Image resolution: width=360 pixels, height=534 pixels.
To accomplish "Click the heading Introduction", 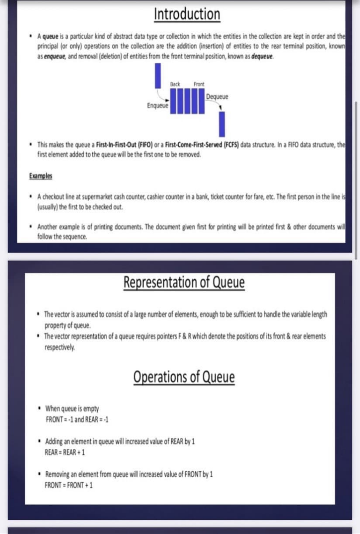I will [187, 14].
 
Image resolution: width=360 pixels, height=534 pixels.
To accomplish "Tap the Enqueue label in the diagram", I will [158, 105].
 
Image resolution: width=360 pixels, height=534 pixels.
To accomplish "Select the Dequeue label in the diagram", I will [217, 96].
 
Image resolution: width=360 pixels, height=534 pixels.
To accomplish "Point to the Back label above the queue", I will [175, 84].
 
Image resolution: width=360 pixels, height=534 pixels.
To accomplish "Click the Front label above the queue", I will [199, 84].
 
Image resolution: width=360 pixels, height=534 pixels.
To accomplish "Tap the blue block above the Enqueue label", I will [158, 76].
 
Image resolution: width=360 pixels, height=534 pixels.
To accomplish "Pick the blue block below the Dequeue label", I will [222, 124].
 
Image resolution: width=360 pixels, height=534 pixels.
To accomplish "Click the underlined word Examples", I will [41, 176].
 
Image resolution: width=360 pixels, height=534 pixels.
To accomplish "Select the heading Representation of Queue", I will [184, 282].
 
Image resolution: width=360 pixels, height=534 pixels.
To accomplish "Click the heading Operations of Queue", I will [184, 377].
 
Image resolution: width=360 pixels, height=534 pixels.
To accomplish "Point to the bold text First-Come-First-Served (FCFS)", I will [202, 145].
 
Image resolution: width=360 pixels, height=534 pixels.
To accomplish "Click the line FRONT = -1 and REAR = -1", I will [77, 419].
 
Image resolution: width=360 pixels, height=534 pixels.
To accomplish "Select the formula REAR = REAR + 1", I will [65, 452].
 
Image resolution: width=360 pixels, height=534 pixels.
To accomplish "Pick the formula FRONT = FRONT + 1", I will [69, 485].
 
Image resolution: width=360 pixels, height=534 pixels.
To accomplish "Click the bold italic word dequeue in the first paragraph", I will [262, 56].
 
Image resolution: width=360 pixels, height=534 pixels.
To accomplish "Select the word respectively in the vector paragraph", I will [60, 347].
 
